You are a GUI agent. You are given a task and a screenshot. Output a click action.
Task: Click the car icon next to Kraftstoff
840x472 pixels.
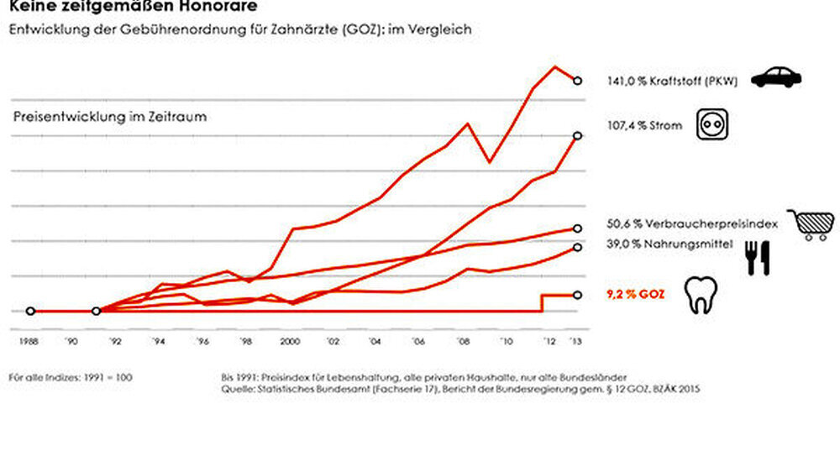tap(775, 77)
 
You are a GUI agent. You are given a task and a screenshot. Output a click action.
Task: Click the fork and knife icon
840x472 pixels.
tap(758, 259)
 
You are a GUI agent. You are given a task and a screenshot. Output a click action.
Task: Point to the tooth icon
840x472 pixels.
tap(699, 295)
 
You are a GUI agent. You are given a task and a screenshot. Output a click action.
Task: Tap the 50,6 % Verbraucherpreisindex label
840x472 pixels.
tap(692, 225)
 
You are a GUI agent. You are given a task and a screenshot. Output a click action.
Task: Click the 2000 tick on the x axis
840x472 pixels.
tap(290, 342)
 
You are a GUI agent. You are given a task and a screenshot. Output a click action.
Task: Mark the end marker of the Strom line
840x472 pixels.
tap(577, 135)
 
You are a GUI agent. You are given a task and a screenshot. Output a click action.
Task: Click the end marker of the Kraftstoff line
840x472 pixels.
tap(577, 81)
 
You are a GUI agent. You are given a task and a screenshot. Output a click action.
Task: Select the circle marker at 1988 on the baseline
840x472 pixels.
tap(31, 311)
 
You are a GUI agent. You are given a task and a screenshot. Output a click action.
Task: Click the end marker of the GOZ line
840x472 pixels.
tap(577, 294)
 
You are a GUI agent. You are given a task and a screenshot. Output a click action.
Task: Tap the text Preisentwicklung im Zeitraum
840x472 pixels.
tap(110, 118)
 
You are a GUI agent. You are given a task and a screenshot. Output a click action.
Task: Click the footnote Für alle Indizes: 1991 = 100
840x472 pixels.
tap(70, 377)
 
